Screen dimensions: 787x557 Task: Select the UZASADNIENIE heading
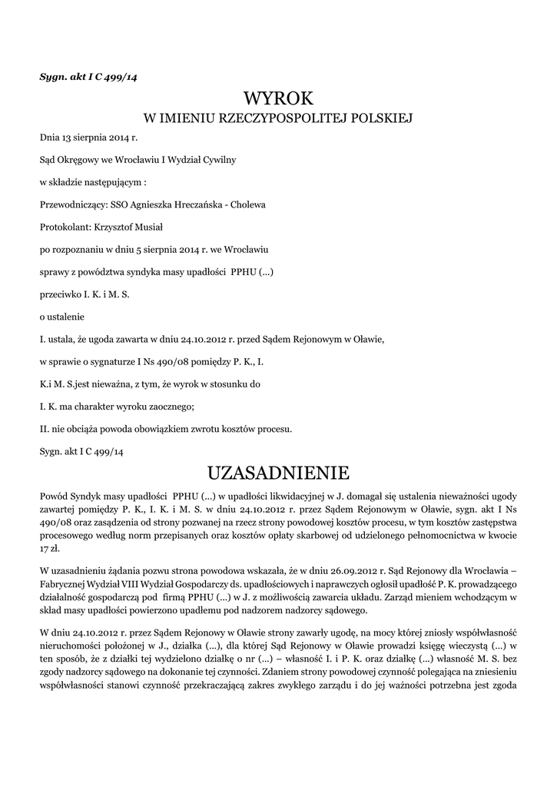click(x=278, y=471)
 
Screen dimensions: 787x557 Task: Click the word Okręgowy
click(x=78, y=161)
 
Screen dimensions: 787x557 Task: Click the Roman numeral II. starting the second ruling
click(x=44, y=428)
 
